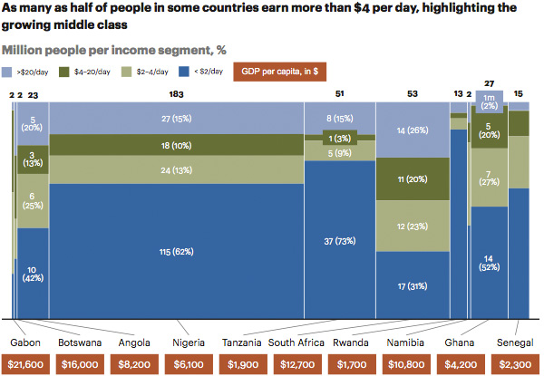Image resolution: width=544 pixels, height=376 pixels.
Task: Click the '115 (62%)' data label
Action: click(176, 250)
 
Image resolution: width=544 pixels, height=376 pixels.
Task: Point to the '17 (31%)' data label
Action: click(412, 287)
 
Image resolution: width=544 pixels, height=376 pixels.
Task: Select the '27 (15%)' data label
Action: click(176, 117)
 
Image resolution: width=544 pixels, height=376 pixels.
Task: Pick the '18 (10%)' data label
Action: click(176, 145)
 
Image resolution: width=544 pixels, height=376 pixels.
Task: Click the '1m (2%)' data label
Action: click(488, 101)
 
